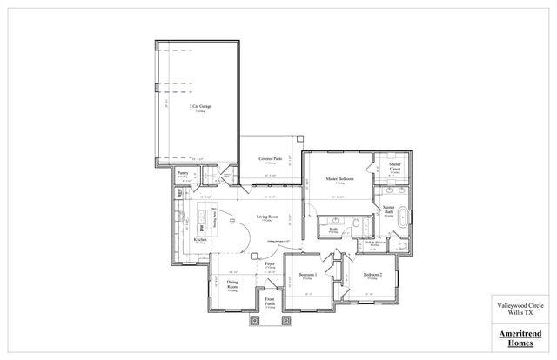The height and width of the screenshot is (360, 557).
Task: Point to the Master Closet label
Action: coord(395,165)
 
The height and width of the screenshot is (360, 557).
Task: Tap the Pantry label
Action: coord(183,173)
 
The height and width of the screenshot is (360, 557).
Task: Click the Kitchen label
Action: coord(199,238)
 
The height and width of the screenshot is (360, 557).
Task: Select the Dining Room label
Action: coord(233,284)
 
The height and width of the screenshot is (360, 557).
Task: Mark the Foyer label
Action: coord(271,262)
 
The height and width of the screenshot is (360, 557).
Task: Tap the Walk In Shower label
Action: coord(375,243)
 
